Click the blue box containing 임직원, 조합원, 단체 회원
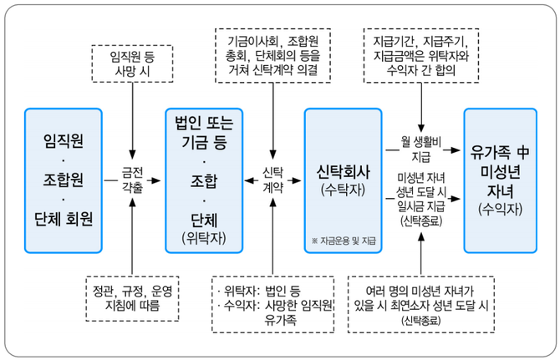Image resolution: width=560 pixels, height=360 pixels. coord(64,179)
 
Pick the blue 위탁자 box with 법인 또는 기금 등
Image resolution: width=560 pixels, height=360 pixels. coord(204,179)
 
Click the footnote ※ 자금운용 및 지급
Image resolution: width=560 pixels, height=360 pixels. coord(342,241)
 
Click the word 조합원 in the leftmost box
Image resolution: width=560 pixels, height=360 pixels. coord(64,179)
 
